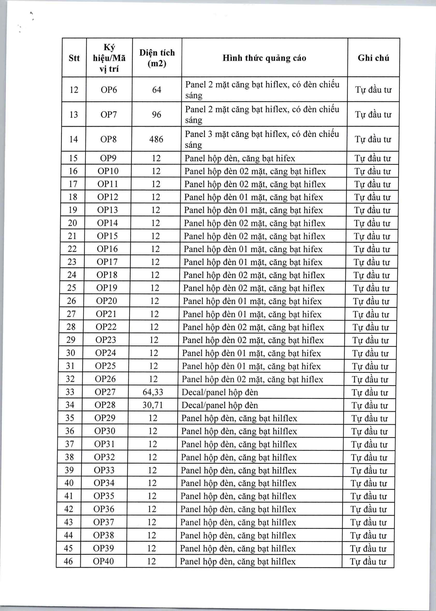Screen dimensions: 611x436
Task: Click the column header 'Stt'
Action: click(x=74, y=58)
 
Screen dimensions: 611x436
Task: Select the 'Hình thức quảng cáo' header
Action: click(x=264, y=58)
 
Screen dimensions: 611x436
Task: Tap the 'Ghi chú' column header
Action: click(x=373, y=58)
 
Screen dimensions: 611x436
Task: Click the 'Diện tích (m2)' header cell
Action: click(x=157, y=58)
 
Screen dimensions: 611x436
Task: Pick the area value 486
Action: click(x=156, y=139)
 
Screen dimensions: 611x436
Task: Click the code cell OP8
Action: click(x=108, y=139)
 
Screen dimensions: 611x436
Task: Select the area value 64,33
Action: click(x=153, y=392)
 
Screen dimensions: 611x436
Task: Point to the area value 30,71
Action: click(x=152, y=405)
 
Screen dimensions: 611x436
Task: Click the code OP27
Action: click(x=105, y=392)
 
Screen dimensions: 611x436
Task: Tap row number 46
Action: click(x=68, y=561)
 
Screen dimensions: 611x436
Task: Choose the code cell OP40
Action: click(x=103, y=561)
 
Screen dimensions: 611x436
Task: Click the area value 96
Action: click(x=157, y=115)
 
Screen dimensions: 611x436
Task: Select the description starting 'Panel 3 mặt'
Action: click(x=262, y=139)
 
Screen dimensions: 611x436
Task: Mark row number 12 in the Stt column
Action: click(x=74, y=90)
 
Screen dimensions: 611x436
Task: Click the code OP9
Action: click(x=108, y=158)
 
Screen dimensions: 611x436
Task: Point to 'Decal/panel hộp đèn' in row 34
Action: click(x=220, y=405)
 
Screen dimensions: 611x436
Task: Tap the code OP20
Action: click(x=107, y=301)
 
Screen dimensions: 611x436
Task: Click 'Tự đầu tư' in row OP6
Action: click(x=373, y=90)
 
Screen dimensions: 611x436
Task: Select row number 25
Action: click(x=71, y=288)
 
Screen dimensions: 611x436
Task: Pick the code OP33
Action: click(x=104, y=470)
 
